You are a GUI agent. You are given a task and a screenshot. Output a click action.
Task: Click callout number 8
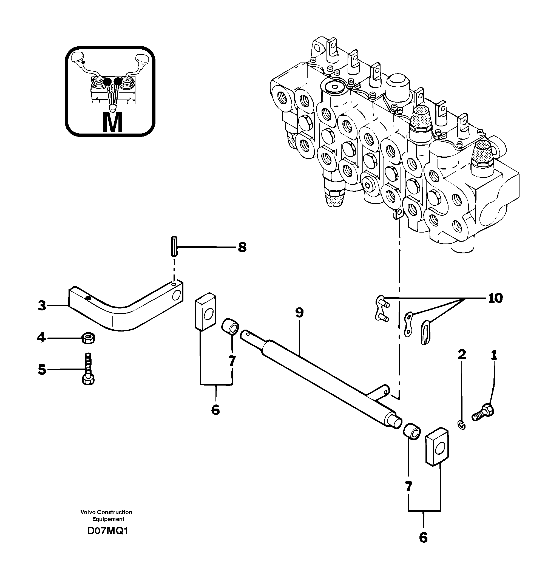pyautogui.click(x=242, y=247)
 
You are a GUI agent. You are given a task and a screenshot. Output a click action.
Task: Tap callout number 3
pyautogui.click(x=42, y=306)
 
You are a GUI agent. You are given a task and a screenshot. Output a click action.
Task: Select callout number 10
pyautogui.click(x=495, y=298)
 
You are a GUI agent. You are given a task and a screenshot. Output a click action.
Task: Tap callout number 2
pyautogui.click(x=462, y=355)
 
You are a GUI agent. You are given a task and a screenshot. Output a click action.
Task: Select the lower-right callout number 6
pyautogui.click(x=423, y=538)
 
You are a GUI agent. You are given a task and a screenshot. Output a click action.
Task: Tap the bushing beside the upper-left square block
pyautogui.click(x=230, y=326)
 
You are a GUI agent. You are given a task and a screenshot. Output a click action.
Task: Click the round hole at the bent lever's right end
pyautogui.click(x=178, y=295)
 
